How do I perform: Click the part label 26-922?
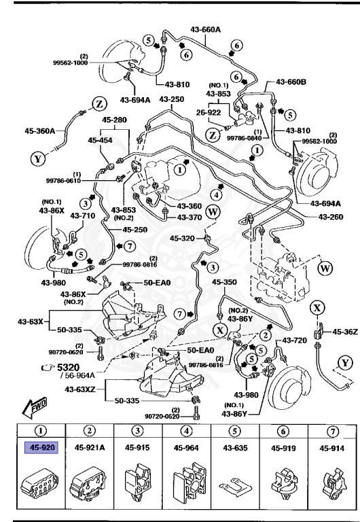[x=211, y=112]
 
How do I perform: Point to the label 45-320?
[x=183, y=239]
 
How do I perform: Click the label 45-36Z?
[x=344, y=332]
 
